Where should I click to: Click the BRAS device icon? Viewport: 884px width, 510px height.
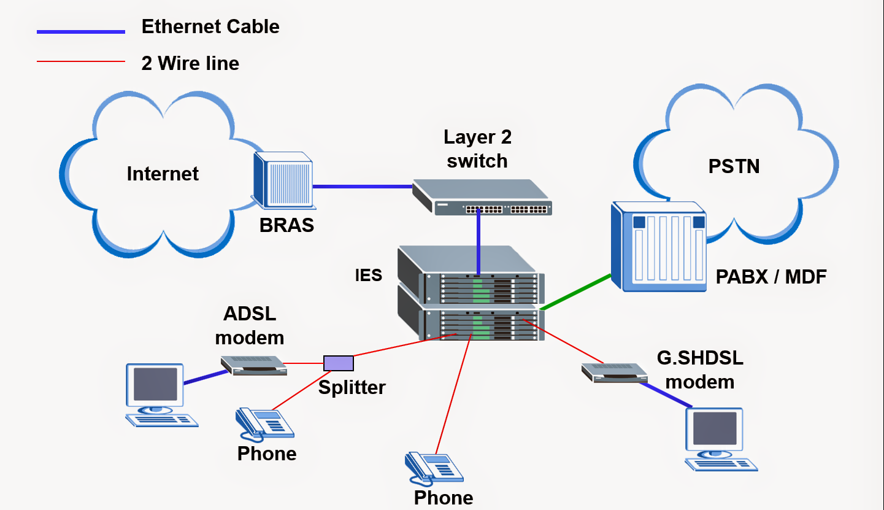coord(283,180)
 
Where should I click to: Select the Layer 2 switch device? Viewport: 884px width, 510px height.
coord(482,197)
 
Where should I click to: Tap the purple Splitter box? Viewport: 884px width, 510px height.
coord(339,363)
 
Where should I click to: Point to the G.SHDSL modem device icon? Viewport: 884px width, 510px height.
coord(614,372)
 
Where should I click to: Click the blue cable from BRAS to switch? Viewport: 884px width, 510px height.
coord(362,186)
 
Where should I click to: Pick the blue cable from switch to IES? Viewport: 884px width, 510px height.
coord(478,242)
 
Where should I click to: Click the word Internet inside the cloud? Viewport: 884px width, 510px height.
coord(163,174)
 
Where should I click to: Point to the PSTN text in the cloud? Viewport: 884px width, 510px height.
coord(734,166)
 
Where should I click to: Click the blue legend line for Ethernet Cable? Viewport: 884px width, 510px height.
coord(80,31)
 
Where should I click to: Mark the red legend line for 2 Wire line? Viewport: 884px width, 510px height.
coord(80,61)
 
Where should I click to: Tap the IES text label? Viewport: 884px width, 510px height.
coord(369,275)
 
